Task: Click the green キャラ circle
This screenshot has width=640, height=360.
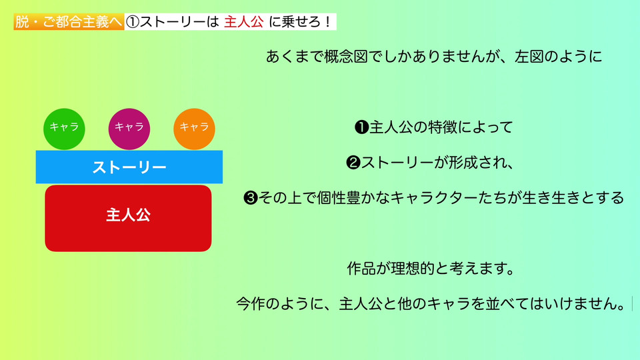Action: [64, 129]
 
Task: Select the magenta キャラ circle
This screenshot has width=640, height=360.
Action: [129, 129]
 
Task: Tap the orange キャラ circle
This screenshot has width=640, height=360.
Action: [194, 129]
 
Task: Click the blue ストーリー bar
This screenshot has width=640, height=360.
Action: [129, 167]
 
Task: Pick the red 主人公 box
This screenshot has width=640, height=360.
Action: [128, 219]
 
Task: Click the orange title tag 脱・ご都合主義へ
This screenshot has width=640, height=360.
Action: [69, 22]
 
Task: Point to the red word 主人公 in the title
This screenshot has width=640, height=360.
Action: [244, 22]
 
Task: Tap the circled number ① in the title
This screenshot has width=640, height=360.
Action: [132, 22]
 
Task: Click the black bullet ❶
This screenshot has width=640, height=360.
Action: [361, 127]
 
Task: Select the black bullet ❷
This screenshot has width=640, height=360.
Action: [353, 163]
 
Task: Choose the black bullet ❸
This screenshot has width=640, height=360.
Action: [251, 198]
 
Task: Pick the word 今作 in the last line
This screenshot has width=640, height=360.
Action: [251, 304]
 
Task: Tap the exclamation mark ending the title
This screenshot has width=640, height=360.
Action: [329, 22]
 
